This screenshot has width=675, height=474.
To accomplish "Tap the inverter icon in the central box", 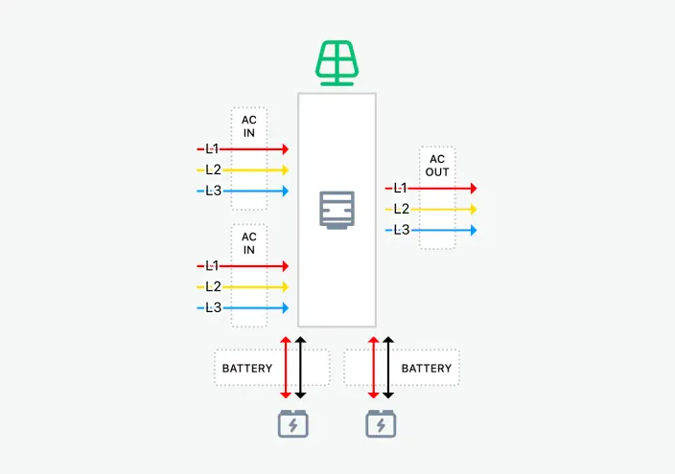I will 337,210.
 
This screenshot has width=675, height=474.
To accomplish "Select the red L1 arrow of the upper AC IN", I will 254,149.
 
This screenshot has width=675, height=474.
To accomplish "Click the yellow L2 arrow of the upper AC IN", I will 254,170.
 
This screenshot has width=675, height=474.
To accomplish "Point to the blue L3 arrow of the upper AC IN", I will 254,192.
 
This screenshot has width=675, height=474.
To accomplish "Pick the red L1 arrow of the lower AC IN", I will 254,265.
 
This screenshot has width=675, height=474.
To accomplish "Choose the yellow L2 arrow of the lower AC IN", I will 254,286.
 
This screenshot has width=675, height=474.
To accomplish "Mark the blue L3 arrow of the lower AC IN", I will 254,307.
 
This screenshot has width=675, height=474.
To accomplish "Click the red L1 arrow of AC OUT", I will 442,189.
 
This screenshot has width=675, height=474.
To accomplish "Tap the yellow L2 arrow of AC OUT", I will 442,209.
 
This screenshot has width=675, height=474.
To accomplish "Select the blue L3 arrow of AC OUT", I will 442,230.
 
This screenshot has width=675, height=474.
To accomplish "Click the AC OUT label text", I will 437,166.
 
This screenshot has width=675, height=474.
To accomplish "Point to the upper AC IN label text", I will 249,126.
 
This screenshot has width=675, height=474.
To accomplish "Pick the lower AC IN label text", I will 249,243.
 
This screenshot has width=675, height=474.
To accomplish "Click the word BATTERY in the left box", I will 247,368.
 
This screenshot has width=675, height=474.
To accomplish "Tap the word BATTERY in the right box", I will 427,368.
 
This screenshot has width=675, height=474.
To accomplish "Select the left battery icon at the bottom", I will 293,423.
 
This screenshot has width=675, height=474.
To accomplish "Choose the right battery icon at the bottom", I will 382,423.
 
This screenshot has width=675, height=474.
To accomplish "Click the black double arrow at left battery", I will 300,368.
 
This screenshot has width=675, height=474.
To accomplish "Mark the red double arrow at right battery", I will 372,368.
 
